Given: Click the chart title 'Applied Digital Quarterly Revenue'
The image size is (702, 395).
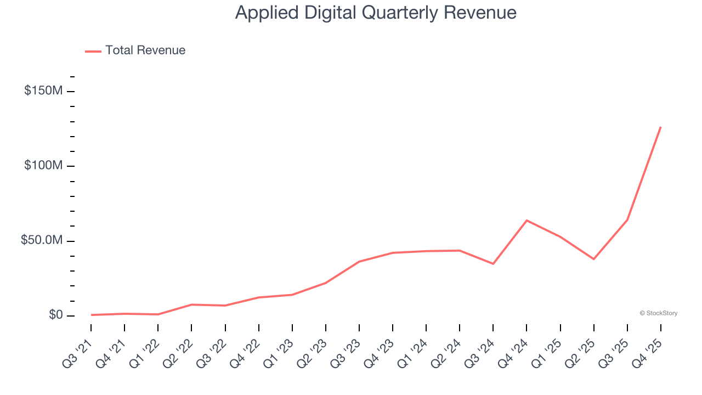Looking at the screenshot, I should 376,12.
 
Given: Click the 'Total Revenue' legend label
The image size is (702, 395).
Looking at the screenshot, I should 145,50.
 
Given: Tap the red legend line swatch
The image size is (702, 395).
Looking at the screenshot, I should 93,51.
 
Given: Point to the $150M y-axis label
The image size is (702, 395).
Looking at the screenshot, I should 43,91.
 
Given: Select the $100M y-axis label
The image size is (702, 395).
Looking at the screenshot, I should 43,166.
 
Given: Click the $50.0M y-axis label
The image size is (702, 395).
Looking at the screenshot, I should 42,241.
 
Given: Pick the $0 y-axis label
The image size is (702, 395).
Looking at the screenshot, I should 55,315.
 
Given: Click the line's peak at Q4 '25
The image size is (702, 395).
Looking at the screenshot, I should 660,127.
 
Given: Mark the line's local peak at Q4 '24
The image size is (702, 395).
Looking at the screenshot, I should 526,221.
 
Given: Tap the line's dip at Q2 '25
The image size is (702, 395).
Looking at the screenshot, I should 593,259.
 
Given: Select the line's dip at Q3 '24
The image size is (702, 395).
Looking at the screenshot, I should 493,264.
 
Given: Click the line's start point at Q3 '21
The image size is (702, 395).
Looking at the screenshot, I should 91,315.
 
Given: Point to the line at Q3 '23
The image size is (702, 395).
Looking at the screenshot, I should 359,262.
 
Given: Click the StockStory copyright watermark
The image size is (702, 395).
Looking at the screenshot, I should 658,313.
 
